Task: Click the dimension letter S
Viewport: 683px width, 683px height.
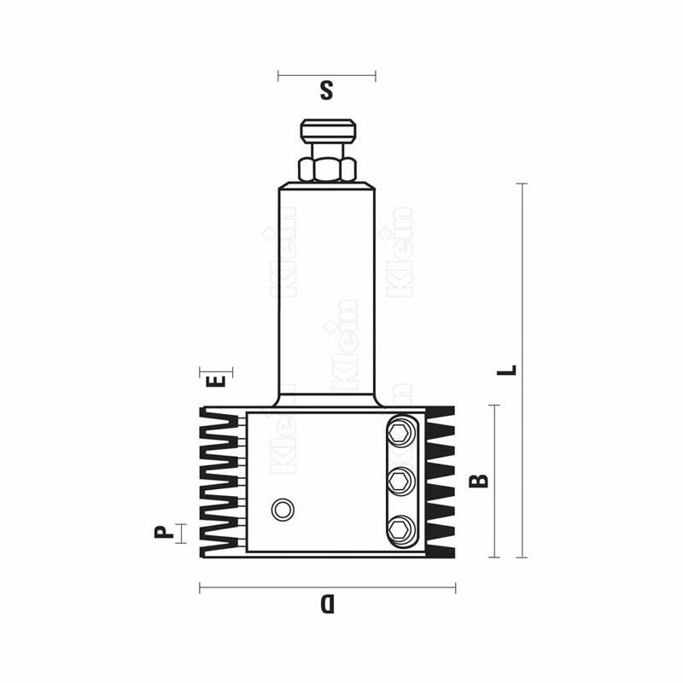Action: click(326, 90)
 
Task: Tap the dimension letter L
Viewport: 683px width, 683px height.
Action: click(507, 371)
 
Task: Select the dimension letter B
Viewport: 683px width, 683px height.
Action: click(479, 481)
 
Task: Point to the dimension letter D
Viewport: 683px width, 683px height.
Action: click(327, 604)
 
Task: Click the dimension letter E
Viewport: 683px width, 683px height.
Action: click(216, 381)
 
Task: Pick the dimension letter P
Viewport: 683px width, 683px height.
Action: click(164, 532)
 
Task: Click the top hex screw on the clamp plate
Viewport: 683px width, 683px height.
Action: click(400, 433)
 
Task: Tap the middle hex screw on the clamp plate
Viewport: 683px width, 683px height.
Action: click(400, 482)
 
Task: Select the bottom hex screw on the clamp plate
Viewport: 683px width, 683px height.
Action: click(400, 530)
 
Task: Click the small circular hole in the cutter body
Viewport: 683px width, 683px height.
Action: click(283, 509)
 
